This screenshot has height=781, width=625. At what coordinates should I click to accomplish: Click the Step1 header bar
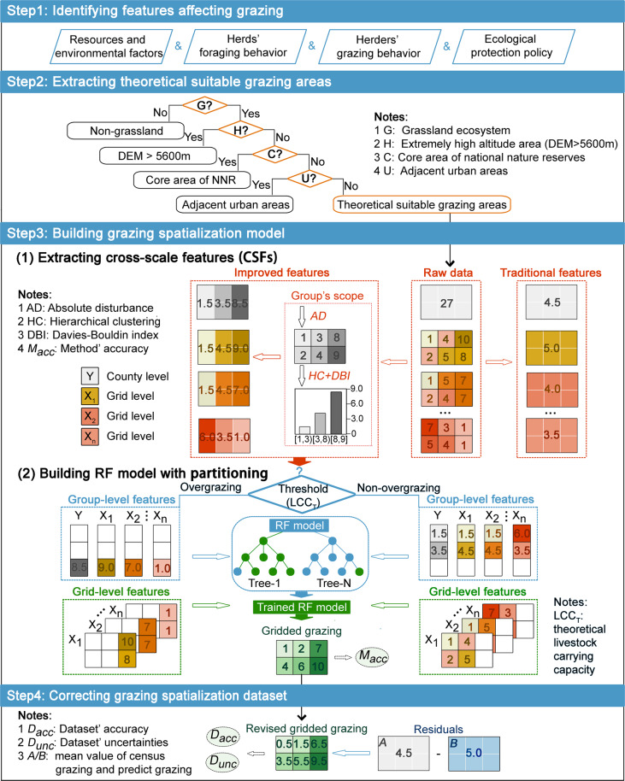312,12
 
